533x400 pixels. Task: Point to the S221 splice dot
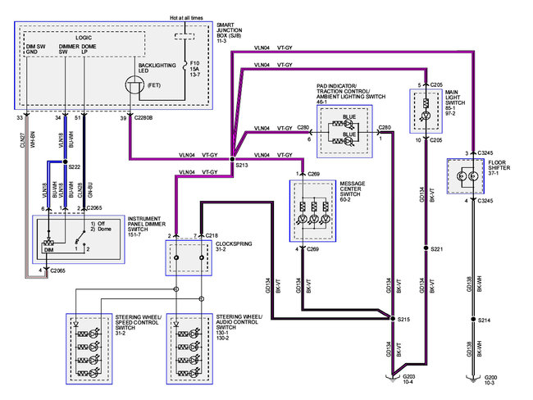tap(423, 248)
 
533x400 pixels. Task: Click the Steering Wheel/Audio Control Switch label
tap(242, 324)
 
